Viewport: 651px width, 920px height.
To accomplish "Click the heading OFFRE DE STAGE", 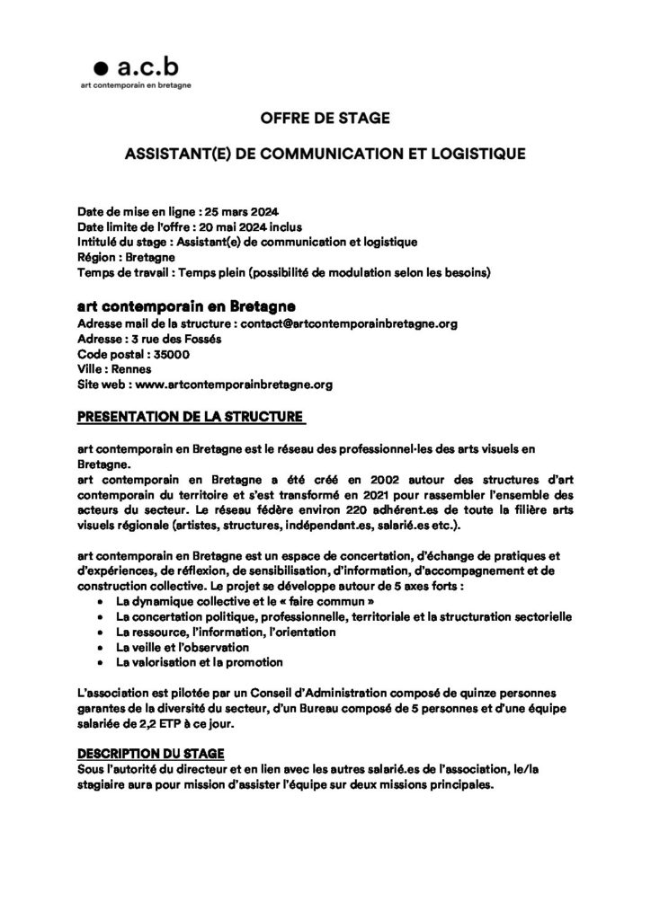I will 325,119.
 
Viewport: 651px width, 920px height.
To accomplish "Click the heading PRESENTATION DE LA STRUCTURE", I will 191,417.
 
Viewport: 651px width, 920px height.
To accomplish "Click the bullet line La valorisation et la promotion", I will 200,663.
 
